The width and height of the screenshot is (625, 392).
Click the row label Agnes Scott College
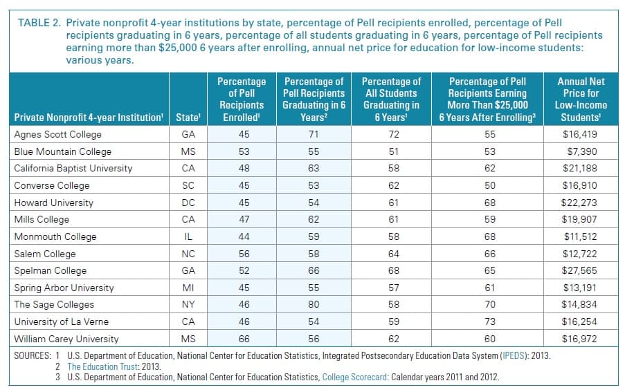point(57,134)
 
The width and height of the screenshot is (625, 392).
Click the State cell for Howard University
point(187,203)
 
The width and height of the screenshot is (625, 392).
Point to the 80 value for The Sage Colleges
point(314,305)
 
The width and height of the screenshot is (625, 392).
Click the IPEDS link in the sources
point(516,355)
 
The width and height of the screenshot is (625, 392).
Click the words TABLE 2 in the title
point(38,22)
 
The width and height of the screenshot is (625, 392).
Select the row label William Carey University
point(66,339)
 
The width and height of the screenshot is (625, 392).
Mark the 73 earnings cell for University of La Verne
point(489,322)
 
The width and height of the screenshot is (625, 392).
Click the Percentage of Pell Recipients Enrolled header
point(242,98)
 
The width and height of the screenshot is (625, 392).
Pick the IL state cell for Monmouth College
point(187,236)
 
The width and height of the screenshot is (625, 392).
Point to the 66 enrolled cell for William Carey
point(244,339)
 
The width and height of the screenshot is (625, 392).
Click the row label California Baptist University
point(73,168)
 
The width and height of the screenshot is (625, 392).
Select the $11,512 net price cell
point(581,236)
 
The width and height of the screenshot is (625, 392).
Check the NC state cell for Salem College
point(187,254)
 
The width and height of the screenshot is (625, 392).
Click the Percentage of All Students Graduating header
point(391,98)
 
